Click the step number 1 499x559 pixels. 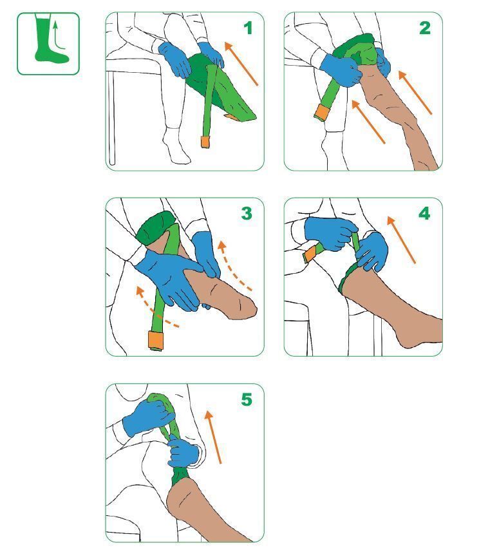[x=248, y=28]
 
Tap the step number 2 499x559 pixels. [x=425, y=28]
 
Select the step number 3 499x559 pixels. [x=247, y=214]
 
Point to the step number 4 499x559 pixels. [x=424, y=214]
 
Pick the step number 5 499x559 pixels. [x=247, y=399]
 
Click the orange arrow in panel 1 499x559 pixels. [x=241, y=64]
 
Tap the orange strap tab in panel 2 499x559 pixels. [x=321, y=112]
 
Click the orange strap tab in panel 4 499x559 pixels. [x=310, y=254]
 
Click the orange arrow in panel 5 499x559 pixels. [x=214, y=437]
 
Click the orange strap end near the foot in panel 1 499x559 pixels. [x=205, y=142]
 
